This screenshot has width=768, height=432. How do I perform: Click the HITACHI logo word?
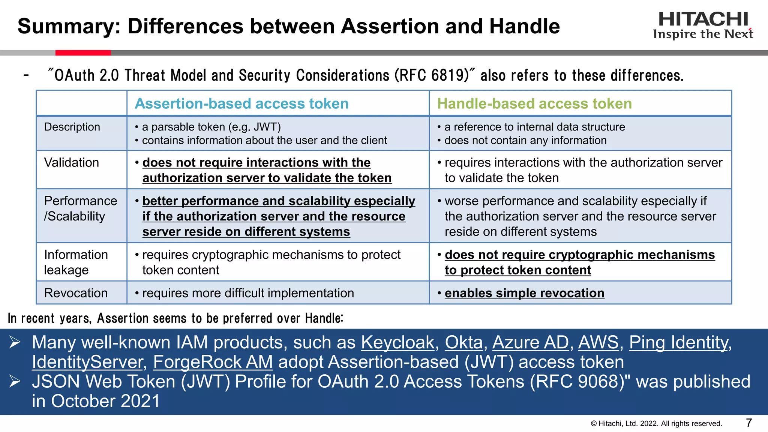703,19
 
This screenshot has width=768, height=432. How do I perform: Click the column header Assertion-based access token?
241,103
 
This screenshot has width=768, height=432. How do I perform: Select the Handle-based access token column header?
534,103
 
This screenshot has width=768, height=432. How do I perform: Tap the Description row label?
72,127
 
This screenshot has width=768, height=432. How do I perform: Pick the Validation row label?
71,162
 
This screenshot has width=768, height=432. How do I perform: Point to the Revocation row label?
76,293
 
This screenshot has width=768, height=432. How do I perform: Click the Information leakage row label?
76,262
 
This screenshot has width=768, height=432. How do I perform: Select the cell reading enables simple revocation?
524,293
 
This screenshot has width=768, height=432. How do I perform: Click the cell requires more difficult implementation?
247,293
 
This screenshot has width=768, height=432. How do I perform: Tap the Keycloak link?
397,342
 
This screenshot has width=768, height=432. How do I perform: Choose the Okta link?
464,342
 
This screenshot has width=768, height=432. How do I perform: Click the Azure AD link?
531,342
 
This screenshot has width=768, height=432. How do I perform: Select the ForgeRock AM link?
213,362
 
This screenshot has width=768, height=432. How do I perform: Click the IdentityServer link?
87,362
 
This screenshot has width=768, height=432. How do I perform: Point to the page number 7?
749,423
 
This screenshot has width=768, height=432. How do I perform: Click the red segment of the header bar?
83,53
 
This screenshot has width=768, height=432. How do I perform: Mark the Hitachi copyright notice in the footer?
656,423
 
